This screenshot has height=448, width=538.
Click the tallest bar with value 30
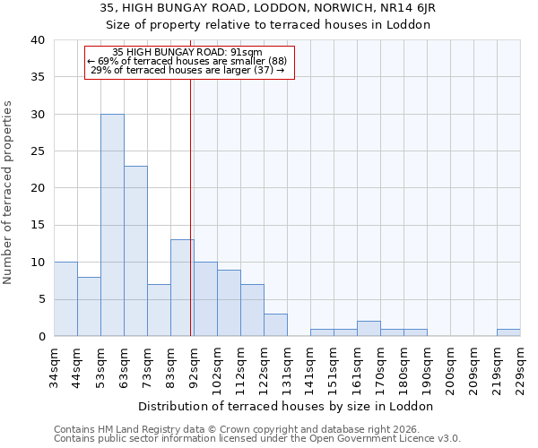click(112, 225)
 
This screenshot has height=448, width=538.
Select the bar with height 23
click(135, 251)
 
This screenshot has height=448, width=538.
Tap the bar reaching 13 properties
click(182, 288)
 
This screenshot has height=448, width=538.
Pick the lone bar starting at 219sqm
click(508, 332)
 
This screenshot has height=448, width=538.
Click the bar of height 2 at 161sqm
click(369, 329)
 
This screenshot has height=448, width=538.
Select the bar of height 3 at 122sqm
click(275, 325)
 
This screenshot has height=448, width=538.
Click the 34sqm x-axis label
click(55, 365)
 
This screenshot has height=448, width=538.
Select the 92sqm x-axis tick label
click(195, 365)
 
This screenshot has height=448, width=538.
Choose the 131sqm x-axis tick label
click(288, 365)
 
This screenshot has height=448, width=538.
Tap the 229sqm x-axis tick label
click(521, 365)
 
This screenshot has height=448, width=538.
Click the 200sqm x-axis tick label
click(451, 365)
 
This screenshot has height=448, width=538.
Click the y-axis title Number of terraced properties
click(8, 193)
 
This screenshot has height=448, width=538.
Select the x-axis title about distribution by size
click(287, 406)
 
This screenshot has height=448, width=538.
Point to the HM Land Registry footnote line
click(255, 429)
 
